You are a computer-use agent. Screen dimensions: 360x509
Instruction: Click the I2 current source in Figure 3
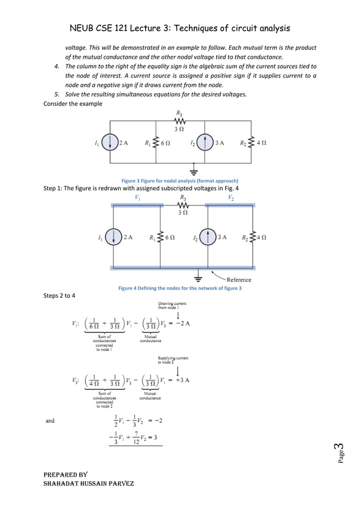pyautogui.click(x=206, y=143)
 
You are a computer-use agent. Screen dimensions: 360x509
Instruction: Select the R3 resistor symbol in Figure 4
pyautogui.click(x=183, y=205)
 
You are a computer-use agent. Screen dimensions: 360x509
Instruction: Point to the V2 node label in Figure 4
pyautogui.click(x=231, y=197)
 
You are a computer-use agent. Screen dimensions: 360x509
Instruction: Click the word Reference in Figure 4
pyautogui.click(x=239, y=279)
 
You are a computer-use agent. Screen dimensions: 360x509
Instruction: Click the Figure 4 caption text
pyautogui.click(x=179, y=288)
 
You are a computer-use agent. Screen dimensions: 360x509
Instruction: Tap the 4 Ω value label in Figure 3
pyautogui.click(x=261, y=143)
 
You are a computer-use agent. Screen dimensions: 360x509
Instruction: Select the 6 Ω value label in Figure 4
pyautogui.click(x=169, y=238)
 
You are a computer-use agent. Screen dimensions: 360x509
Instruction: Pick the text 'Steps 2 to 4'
pyautogui.click(x=59, y=296)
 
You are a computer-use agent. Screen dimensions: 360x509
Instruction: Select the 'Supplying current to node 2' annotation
pyautogui.click(x=173, y=360)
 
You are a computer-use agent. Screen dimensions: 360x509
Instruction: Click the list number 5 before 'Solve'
pyautogui.click(x=56, y=94)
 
